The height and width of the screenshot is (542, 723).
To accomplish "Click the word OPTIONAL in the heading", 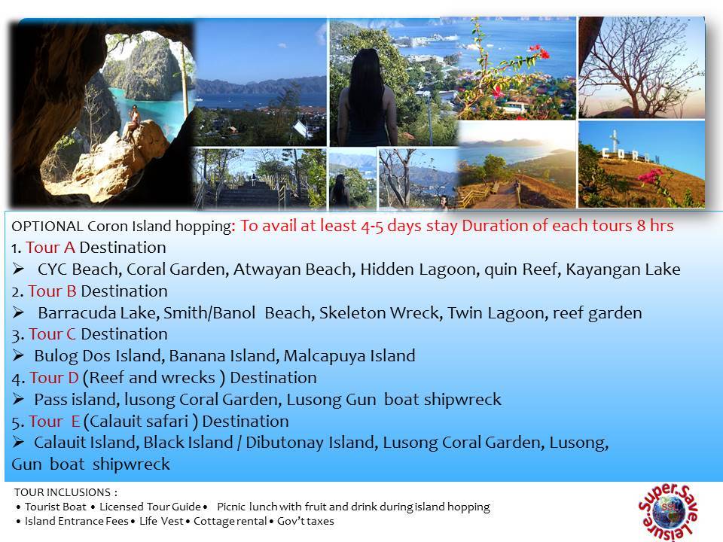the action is point(47,227).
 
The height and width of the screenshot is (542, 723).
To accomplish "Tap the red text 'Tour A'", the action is point(50,248).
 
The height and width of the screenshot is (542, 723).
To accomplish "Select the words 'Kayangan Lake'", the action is point(623,269).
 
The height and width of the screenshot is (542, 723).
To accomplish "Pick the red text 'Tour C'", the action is point(52,334).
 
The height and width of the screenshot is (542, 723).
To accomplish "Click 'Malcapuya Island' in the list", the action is point(349,356).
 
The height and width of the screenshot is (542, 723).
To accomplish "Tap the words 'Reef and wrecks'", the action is point(152,377).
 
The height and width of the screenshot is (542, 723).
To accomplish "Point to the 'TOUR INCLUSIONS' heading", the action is point(63,492).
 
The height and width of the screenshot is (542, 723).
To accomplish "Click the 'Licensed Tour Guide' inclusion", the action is point(151,507).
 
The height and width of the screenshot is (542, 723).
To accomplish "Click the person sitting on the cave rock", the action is point(133,123).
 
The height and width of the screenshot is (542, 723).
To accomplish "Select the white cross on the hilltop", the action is point(615,140).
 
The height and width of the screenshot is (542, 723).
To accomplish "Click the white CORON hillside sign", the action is point(632,156).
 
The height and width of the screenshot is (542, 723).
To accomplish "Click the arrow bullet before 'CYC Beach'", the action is point(18,269).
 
